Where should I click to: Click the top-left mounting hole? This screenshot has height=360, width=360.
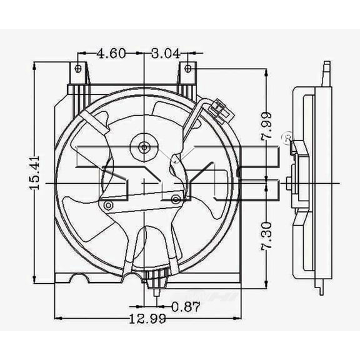point(78,68)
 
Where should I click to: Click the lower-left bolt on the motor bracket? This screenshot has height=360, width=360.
point(109,206)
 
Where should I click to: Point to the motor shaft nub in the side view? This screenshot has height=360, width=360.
point(289,182)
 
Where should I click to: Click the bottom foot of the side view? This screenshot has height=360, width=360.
point(321,289)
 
